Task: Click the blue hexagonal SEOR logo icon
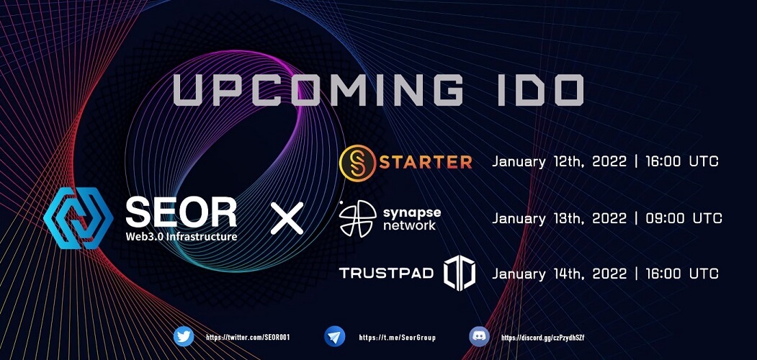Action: (79, 218)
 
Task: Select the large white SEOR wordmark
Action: (181, 212)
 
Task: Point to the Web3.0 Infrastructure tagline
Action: (181, 236)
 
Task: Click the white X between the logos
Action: (287, 218)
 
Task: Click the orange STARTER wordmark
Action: (426, 162)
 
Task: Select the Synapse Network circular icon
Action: (357, 219)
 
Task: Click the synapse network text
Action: (409, 219)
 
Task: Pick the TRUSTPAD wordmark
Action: (386, 274)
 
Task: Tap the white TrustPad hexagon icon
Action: (459, 273)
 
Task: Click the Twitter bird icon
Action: (184, 336)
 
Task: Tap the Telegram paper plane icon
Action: (335, 336)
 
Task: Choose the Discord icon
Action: (480, 336)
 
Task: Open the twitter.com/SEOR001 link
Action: (248, 338)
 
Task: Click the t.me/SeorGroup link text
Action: (398, 338)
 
